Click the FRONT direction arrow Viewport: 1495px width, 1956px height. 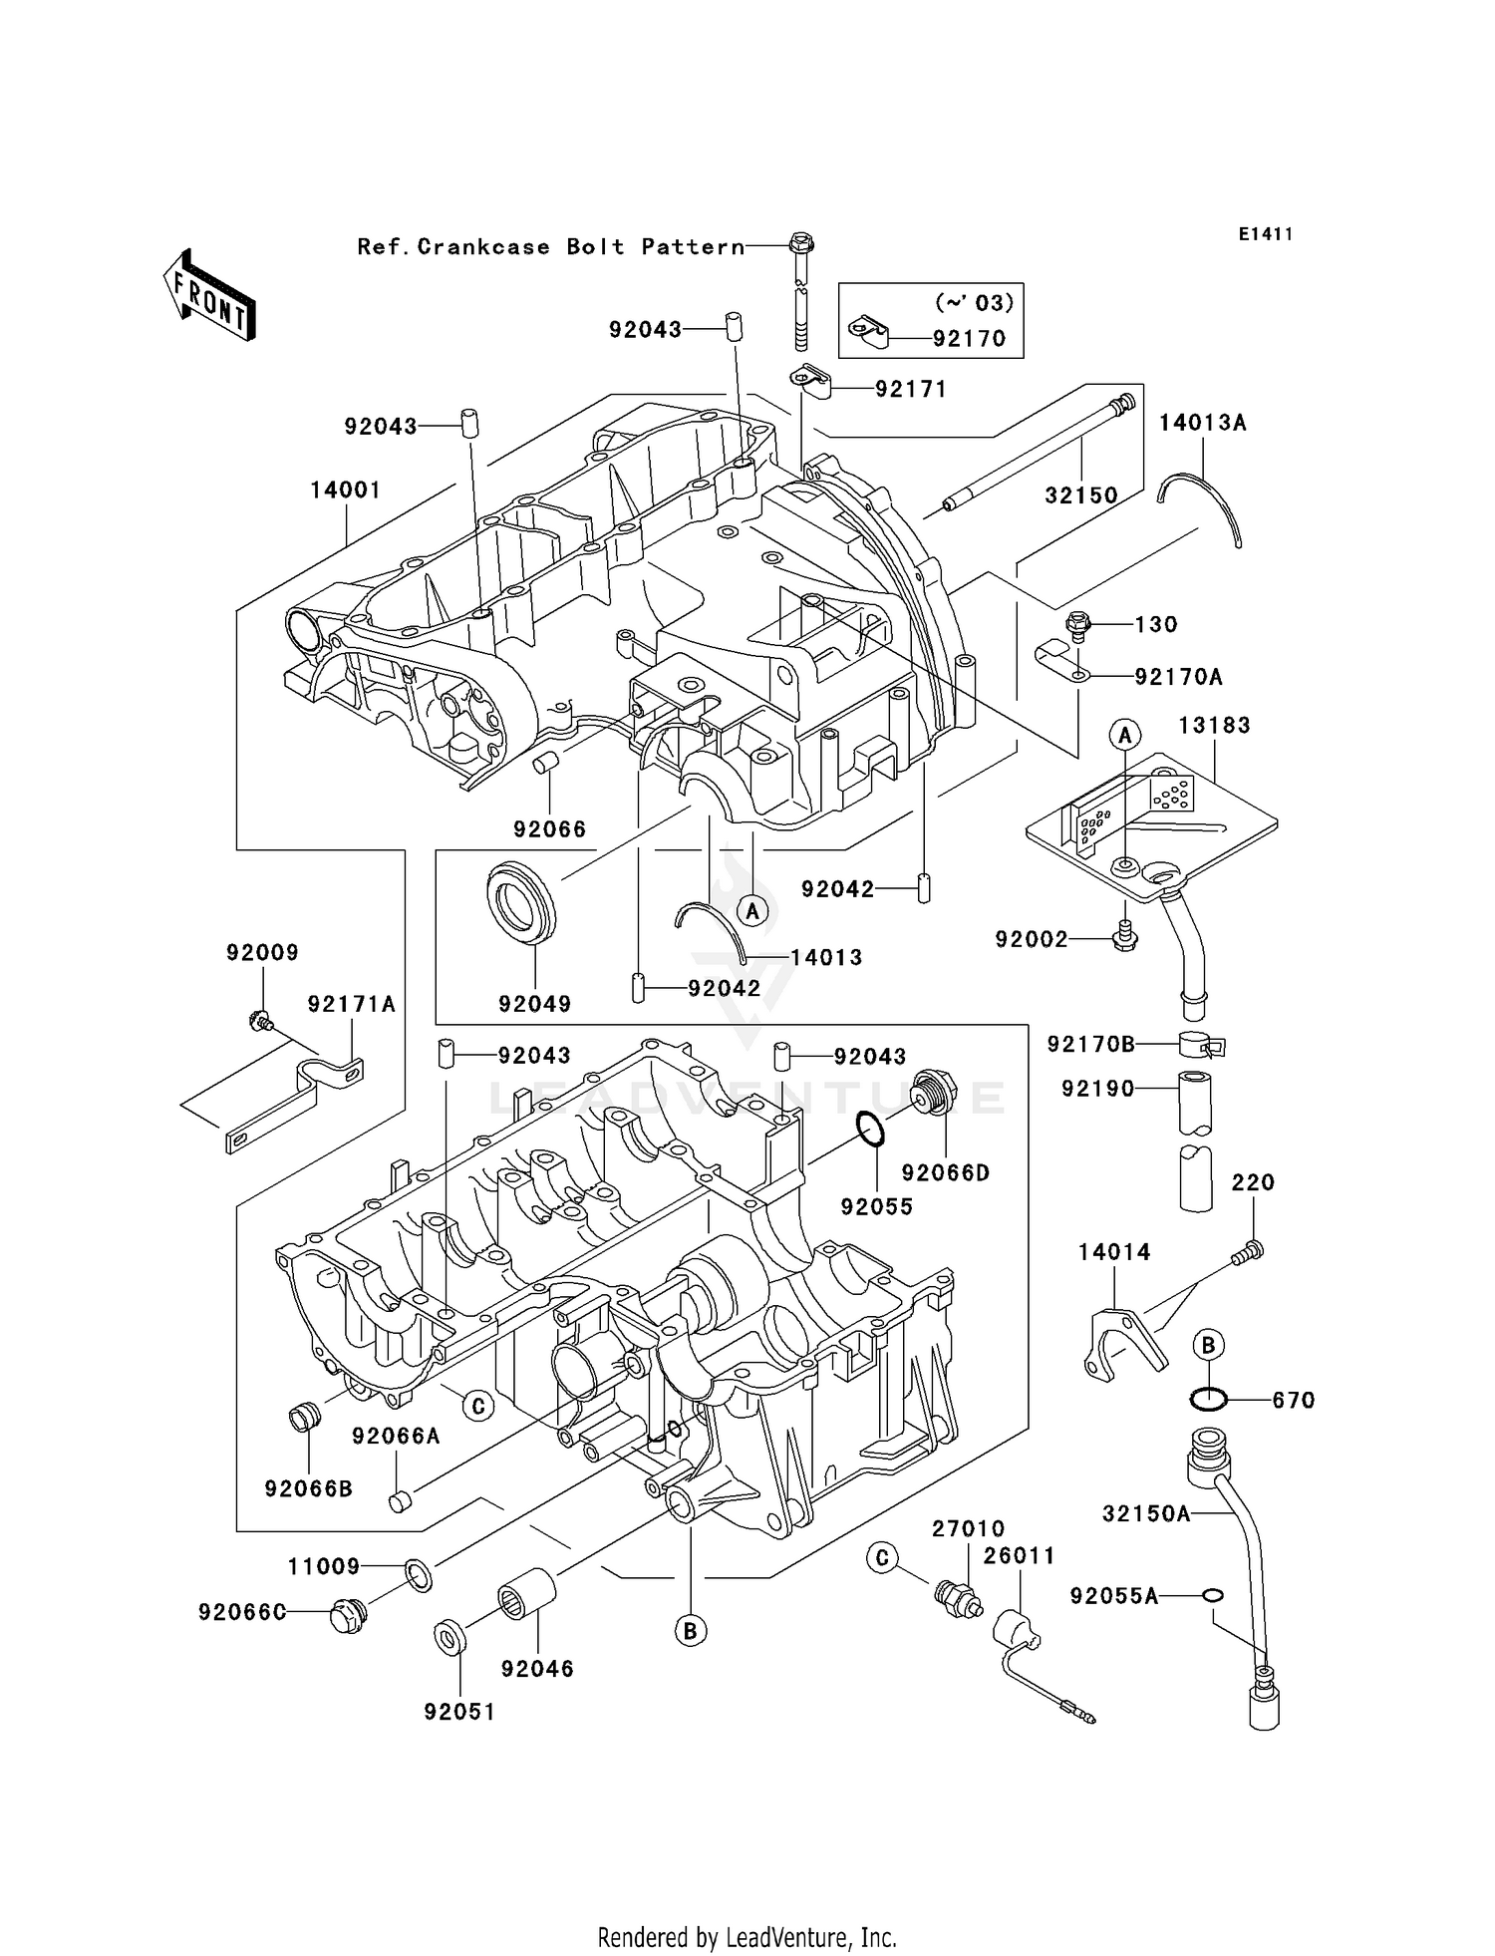tap(209, 296)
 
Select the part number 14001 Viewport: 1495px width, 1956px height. tap(345, 490)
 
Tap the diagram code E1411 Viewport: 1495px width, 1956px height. tap(1266, 234)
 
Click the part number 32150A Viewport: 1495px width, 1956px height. tap(1146, 1513)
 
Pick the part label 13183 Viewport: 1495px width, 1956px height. tap(1214, 726)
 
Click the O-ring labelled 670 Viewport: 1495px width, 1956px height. tap(1208, 1400)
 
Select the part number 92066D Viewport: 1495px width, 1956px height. tap(946, 1173)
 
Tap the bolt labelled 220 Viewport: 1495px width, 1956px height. tap(1249, 1251)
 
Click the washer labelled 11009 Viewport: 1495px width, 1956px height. tap(419, 1577)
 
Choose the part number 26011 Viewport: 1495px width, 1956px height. tap(1019, 1556)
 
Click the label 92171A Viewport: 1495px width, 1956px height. tap(352, 1005)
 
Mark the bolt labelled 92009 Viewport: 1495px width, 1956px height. tap(260, 1021)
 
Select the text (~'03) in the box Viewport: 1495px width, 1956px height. tap(974, 302)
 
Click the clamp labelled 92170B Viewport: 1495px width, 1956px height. tap(1201, 1045)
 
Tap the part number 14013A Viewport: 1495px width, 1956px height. tap(1202, 423)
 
